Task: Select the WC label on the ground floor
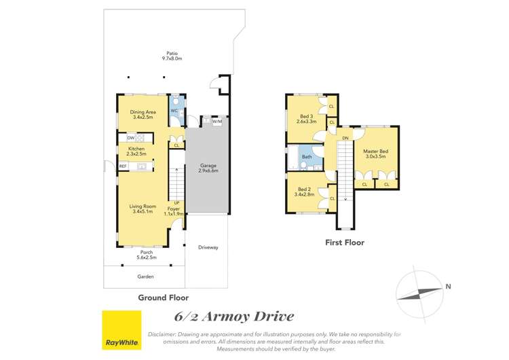pos(174,111)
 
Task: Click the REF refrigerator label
pos(124,166)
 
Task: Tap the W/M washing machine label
pos(217,122)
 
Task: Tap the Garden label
pos(145,276)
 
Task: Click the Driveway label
pos(208,247)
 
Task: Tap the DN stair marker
pos(345,138)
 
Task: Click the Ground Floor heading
pos(163,298)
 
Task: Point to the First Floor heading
pos(344,242)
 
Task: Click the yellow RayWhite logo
pos(121,330)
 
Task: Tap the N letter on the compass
pos(448,287)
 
